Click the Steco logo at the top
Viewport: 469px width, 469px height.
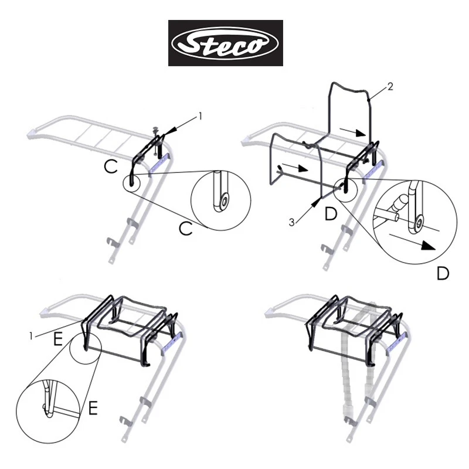(x=226, y=43)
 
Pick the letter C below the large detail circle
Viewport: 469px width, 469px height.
(x=185, y=229)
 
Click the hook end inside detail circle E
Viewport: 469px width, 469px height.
(x=47, y=410)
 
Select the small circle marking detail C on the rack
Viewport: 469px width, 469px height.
(x=132, y=183)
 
